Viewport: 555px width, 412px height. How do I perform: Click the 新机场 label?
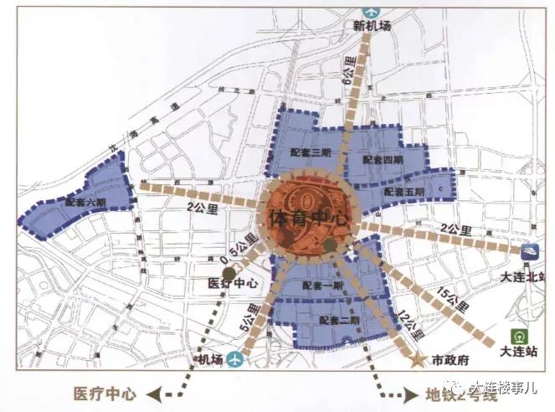pyautogui.click(x=368, y=26)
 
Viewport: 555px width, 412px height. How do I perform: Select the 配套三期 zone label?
pyautogui.click(x=306, y=152)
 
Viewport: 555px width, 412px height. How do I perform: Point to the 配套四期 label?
pyautogui.click(x=383, y=159)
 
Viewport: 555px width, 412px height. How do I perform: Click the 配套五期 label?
pyautogui.click(x=404, y=192)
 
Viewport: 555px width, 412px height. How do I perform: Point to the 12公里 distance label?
pyautogui.click(x=410, y=322)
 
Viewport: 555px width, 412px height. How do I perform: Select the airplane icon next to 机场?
pyautogui.click(x=234, y=360)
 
